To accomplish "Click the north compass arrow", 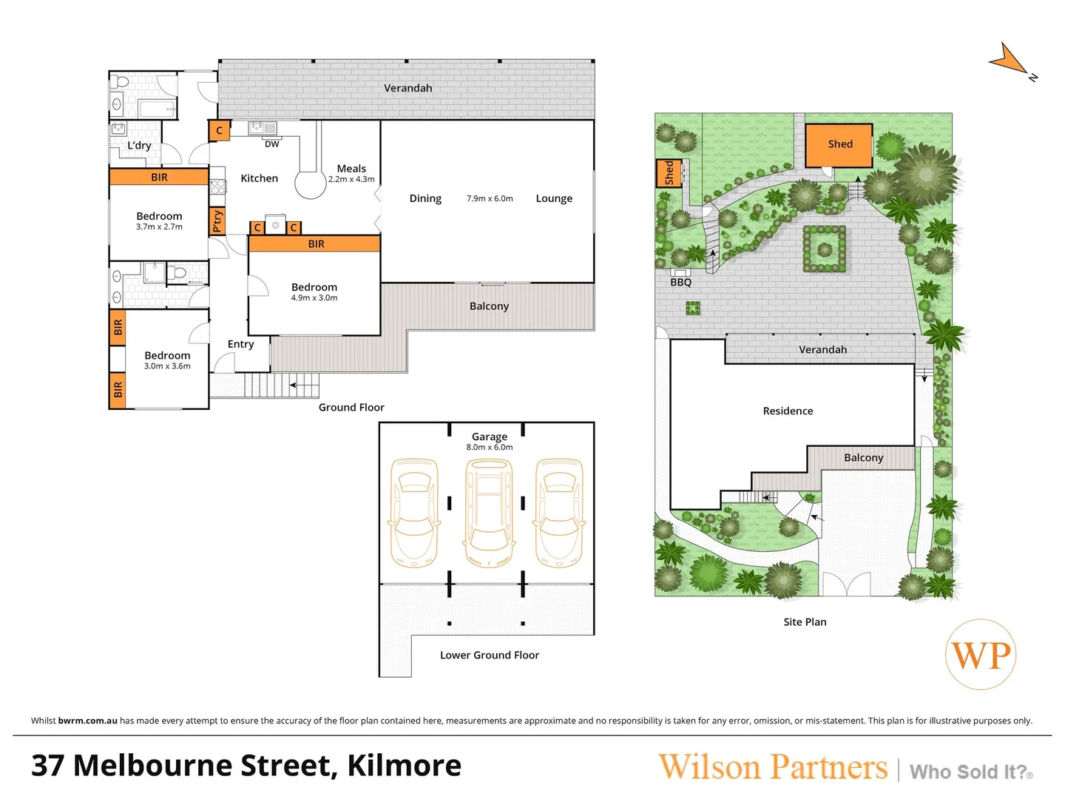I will pos(1010,59).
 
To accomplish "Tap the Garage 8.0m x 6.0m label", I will pos(490,442).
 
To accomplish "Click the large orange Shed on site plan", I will pos(839,144).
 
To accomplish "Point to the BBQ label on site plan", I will pos(680,283).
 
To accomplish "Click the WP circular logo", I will pos(981,655).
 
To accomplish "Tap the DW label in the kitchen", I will pos(272,144).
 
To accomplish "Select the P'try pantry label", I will pos(217,220).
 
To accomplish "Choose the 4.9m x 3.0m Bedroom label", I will pos(314,291).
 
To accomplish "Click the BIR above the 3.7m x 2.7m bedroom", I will pos(159,177).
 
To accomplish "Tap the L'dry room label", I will pos(139,146).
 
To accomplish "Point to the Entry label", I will pos(240,344).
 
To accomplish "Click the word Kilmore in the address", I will pos(404,766).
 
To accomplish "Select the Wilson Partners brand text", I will pos(773,767).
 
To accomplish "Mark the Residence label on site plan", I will pos(788,411).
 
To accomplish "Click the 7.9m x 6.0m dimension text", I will pos(490,199).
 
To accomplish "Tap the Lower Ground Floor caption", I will pos(490,655).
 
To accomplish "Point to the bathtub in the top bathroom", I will pos(158,109).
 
